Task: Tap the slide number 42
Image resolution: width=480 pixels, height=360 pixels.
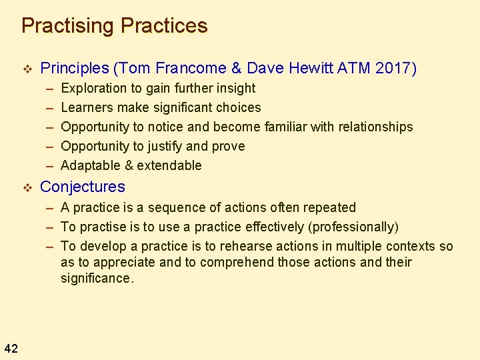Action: (11, 347)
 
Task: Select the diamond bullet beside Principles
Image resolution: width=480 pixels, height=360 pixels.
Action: (27, 69)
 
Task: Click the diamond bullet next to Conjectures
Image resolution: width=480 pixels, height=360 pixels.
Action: (27, 187)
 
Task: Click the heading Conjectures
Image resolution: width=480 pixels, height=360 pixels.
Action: (83, 187)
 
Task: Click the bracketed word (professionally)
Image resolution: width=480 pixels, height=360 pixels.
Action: (355, 227)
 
